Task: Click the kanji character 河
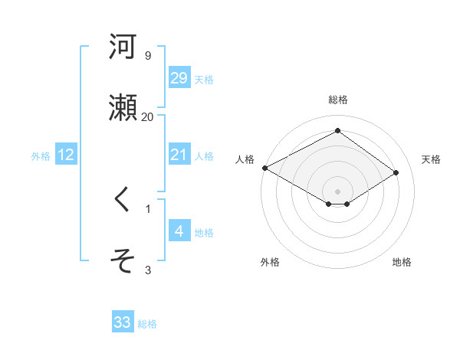click(123, 47)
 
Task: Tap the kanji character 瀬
click(123, 107)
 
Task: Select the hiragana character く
click(122, 200)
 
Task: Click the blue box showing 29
click(179, 78)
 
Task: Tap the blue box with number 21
click(179, 155)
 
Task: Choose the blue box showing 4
click(179, 231)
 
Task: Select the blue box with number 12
click(66, 155)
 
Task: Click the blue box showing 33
click(123, 323)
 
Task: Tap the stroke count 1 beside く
click(148, 208)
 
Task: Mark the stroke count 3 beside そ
click(148, 270)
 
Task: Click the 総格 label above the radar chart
click(338, 100)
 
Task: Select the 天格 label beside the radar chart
click(431, 159)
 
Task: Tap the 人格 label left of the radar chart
click(245, 159)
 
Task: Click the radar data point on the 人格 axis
click(264, 168)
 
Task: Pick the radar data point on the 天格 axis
click(396, 173)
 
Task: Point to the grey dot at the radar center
click(338, 191)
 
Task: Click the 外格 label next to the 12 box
click(41, 155)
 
